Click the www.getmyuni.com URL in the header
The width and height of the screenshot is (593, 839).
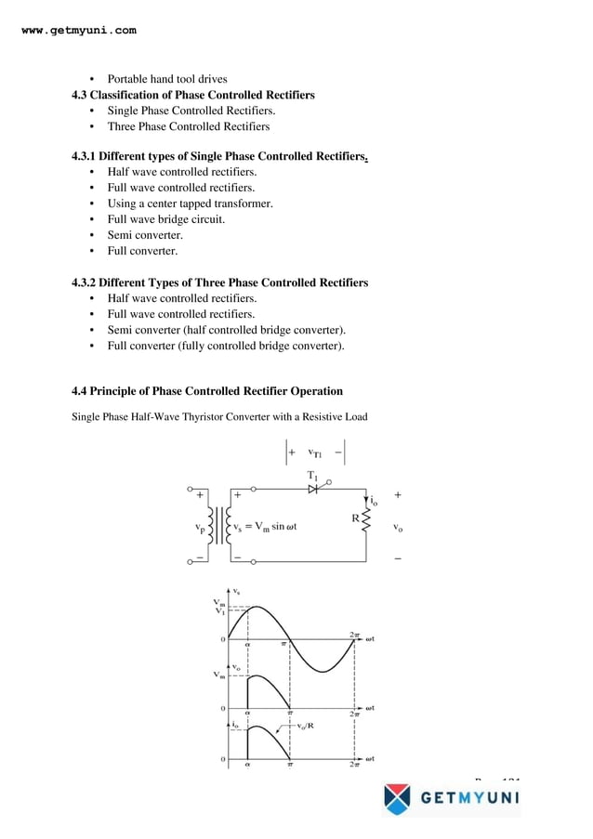[x=78, y=31]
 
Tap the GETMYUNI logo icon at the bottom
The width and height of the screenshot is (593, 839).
[x=397, y=798]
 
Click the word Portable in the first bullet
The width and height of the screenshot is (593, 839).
[x=128, y=79]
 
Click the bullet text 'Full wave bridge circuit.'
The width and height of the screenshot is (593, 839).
[x=166, y=219]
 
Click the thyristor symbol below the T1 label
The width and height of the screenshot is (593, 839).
[x=313, y=489]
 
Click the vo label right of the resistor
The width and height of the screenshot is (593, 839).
[x=398, y=527]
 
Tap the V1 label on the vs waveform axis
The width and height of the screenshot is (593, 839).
[x=219, y=611]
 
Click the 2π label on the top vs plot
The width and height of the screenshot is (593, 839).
[x=354, y=635]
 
